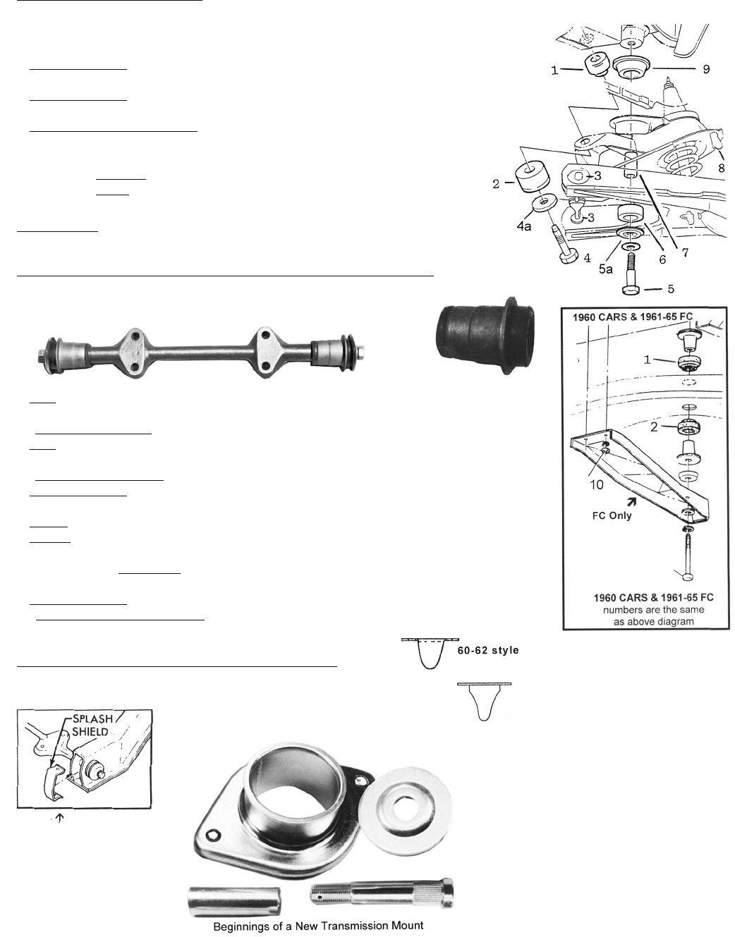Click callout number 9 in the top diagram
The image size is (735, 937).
[x=706, y=69]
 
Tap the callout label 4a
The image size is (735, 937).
[x=523, y=226]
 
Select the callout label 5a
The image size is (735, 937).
[x=606, y=269]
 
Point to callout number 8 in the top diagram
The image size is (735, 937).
[x=722, y=167]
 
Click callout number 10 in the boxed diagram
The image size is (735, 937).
[x=597, y=484]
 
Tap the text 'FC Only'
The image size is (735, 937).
[x=612, y=515]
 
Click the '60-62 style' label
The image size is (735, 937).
[x=488, y=650]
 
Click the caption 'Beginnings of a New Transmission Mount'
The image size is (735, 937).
[x=318, y=925]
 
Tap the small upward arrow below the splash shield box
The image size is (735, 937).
[x=59, y=818]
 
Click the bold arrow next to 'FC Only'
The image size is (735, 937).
[x=631, y=502]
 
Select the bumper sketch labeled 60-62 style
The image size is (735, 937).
[x=430, y=654]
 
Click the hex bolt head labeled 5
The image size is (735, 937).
[x=632, y=290]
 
